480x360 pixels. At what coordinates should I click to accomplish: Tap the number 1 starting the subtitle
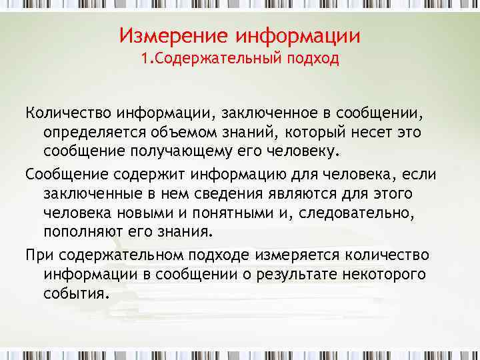pyautogui.click(x=145, y=59)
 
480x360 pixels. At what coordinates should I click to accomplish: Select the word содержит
pyautogui.click(x=149, y=175)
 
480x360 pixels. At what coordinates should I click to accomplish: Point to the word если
pyautogui.click(x=419, y=175)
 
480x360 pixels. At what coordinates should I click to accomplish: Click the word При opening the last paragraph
pyautogui.click(x=39, y=256)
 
